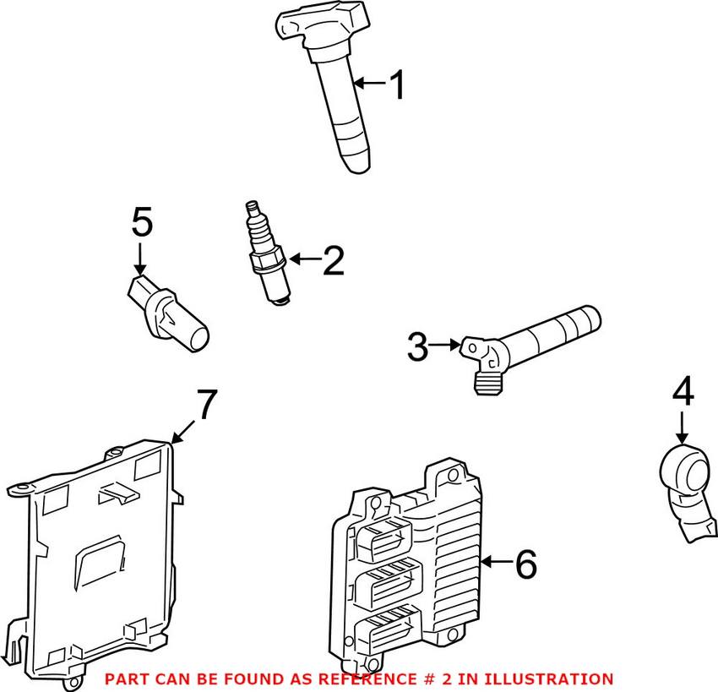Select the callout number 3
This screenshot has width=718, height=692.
click(x=418, y=346)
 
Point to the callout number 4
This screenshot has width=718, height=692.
click(x=683, y=393)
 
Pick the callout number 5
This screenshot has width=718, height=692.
click(x=142, y=224)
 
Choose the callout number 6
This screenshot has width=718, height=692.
click(x=525, y=564)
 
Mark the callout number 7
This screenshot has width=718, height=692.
click(x=207, y=406)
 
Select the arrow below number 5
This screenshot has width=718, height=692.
click(x=140, y=255)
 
